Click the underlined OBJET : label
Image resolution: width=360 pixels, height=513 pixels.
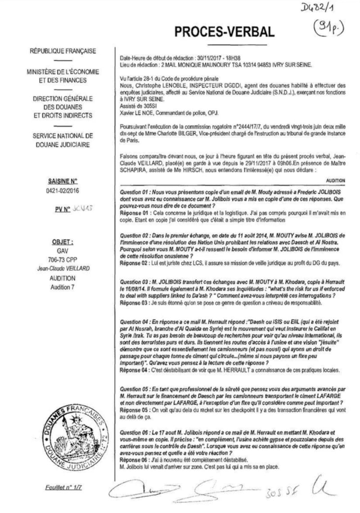coord(63,241)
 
